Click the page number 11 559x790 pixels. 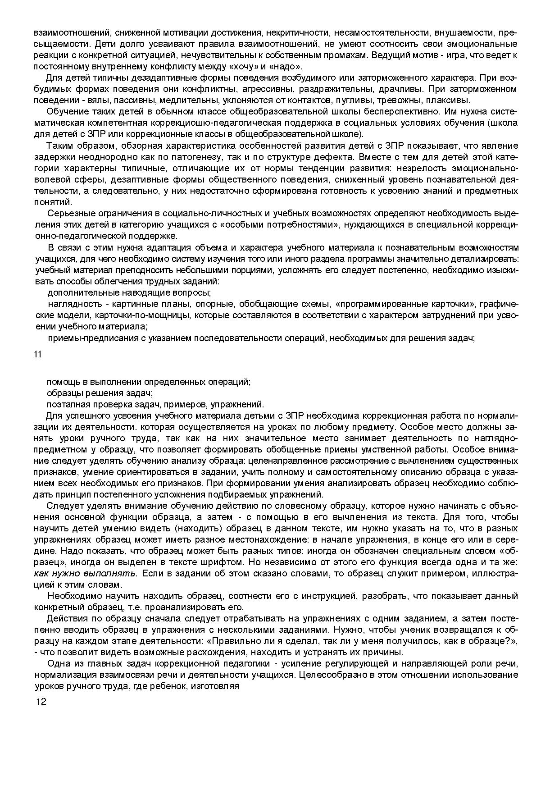pyautogui.click(x=37, y=354)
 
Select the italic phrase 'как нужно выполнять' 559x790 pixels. pyautogui.click(x=85, y=573)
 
